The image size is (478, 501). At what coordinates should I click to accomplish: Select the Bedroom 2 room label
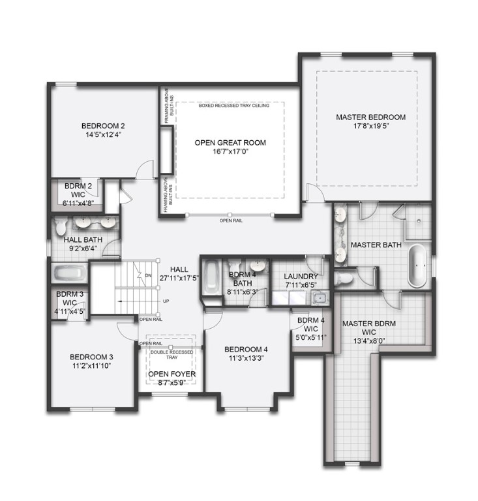click(x=103, y=125)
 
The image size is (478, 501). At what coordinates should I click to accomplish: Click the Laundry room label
click(x=301, y=276)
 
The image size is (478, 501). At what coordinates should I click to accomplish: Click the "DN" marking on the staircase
click(x=149, y=275)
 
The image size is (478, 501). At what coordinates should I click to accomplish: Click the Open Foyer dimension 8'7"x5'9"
click(x=172, y=383)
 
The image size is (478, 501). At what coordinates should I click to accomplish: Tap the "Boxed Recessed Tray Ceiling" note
click(x=230, y=104)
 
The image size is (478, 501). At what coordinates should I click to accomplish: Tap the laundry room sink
click(x=320, y=299)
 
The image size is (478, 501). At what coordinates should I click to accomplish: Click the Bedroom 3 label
click(x=91, y=357)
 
